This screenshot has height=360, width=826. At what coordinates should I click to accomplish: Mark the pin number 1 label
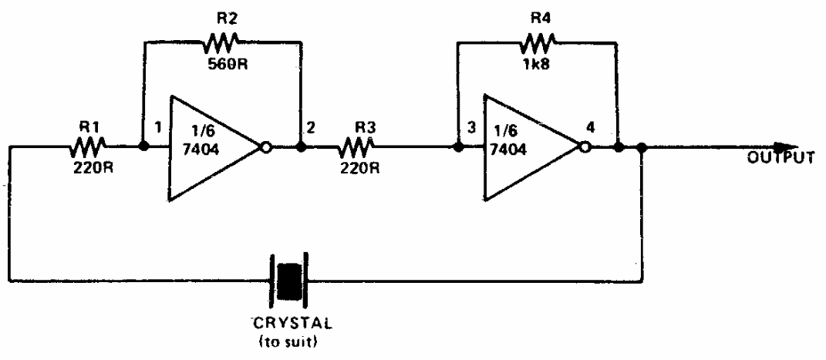(158, 126)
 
